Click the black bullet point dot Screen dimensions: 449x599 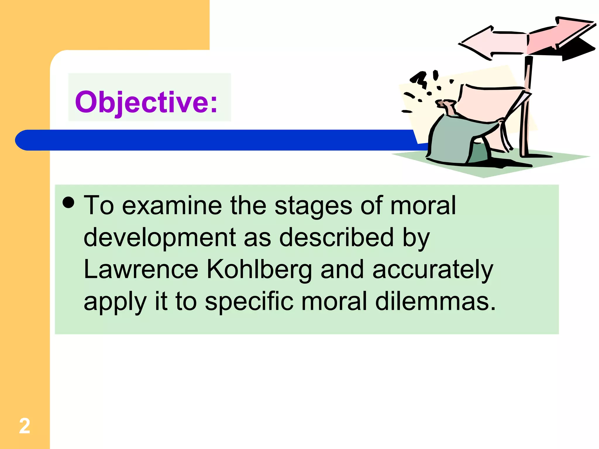click(68, 202)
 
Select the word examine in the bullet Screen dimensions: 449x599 click(172, 206)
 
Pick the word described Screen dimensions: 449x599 click(336, 237)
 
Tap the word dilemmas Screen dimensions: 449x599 click(436, 301)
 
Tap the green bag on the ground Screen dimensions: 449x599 click(456, 140)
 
